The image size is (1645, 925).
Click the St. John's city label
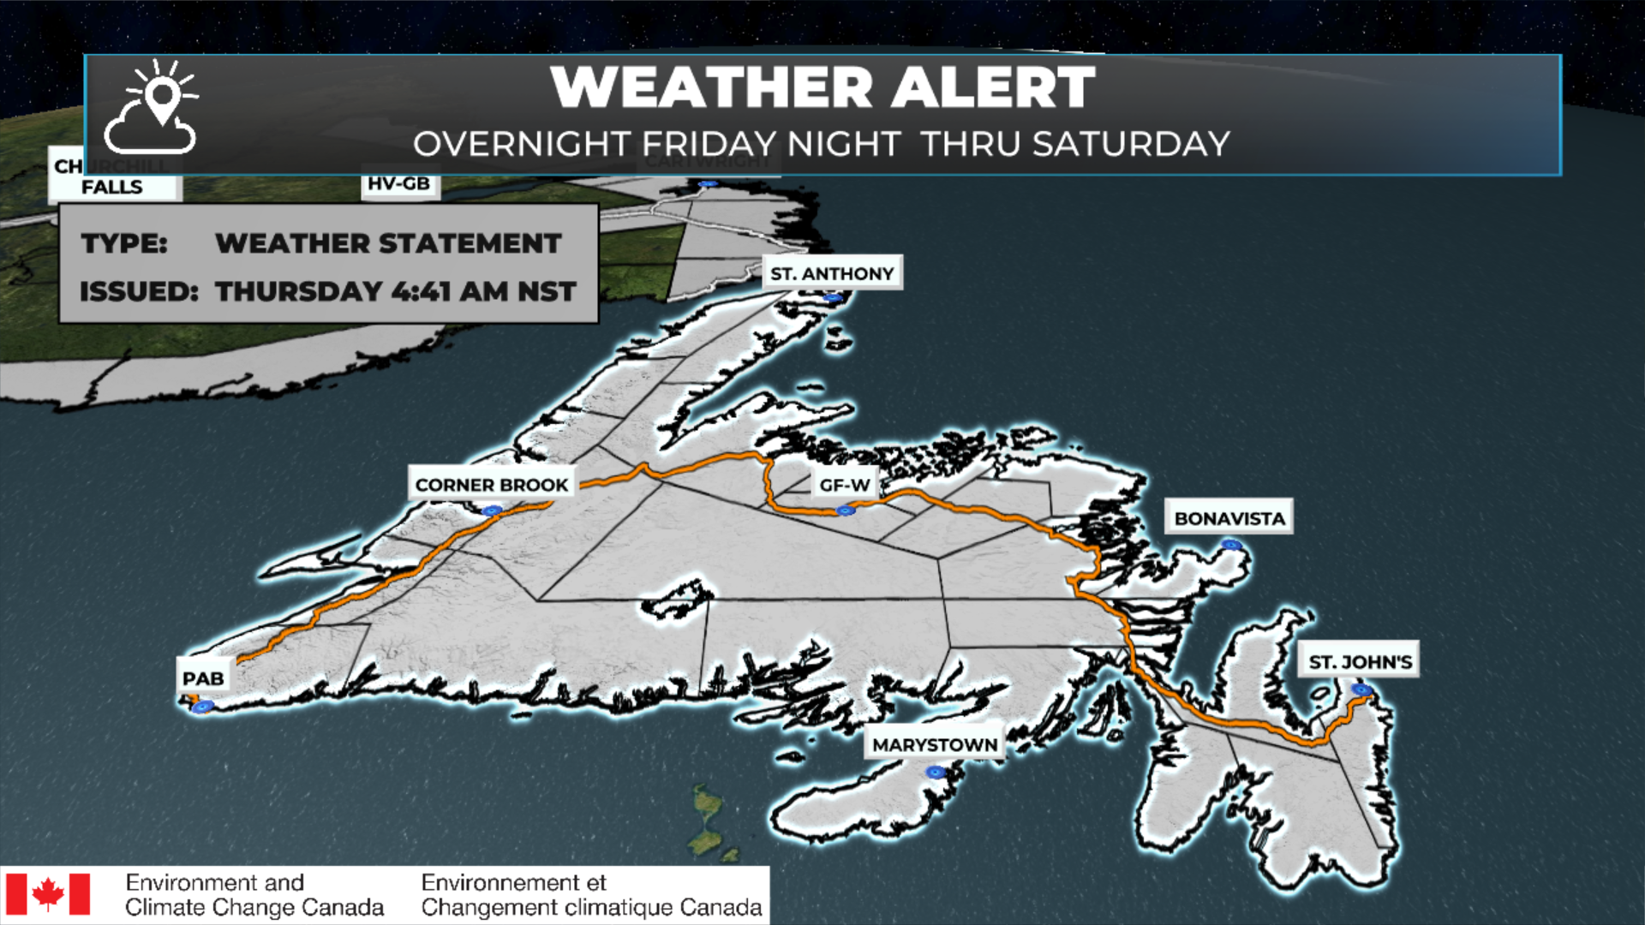point(1360,662)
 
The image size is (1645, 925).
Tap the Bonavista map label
point(1229,518)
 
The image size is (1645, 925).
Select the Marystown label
point(934,745)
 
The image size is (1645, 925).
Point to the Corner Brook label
point(491,485)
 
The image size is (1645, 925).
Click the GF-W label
point(844,485)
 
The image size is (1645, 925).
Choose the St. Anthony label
point(832,273)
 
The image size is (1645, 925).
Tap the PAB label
point(203,678)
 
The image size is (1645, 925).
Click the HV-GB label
point(398,183)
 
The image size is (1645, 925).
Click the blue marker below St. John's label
point(1361,690)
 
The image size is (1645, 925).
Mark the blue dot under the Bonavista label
point(1231,545)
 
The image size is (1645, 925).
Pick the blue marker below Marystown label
point(936,773)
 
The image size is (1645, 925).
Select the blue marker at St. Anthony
point(833,298)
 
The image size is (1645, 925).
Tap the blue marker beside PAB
point(203,707)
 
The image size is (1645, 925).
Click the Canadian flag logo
point(48,894)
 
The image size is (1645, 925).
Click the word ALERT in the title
point(993,87)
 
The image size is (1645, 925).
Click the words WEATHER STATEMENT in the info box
point(388,243)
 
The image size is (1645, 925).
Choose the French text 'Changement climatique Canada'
point(591,907)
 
